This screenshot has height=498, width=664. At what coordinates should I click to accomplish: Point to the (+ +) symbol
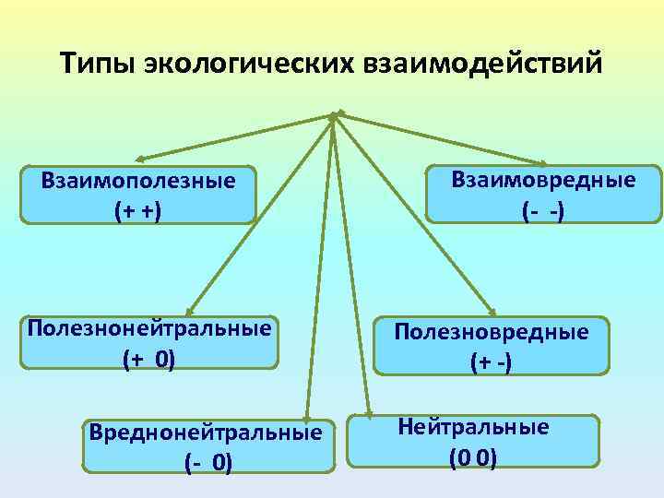point(137,210)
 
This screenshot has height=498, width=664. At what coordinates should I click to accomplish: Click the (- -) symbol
point(543,210)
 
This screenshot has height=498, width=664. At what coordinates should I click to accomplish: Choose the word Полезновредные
point(491,332)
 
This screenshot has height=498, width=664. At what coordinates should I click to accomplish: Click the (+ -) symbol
point(491,362)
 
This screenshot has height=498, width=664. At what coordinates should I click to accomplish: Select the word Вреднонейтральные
point(204,432)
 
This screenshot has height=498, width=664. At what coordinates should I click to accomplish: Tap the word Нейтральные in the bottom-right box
point(473,427)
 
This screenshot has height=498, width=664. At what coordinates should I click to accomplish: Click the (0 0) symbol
point(472,456)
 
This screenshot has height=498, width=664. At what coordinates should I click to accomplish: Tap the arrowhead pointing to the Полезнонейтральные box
point(188,312)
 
